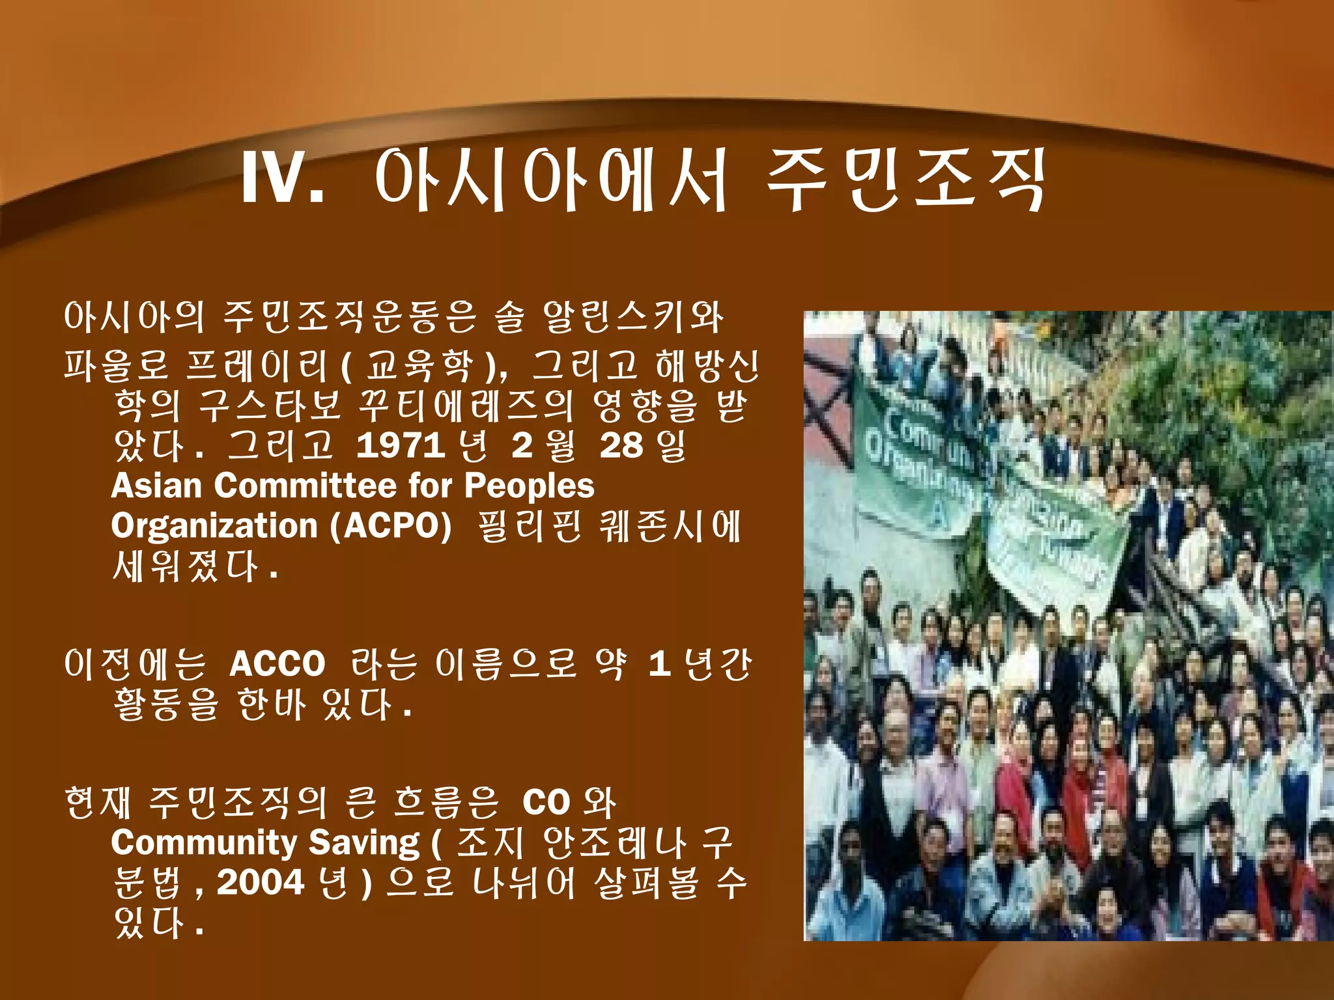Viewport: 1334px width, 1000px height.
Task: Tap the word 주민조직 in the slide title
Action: (x=905, y=179)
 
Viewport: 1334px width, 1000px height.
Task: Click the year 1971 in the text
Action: (x=400, y=446)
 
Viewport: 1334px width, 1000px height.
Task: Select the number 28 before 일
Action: (x=621, y=446)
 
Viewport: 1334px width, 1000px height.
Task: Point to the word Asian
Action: (x=156, y=486)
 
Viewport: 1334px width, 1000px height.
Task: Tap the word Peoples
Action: (x=529, y=486)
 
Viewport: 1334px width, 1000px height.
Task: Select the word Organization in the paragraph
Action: (x=214, y=526)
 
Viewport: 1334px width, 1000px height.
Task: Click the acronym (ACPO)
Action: (x=391, y=526)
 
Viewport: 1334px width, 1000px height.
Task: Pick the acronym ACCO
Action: (x=277, y=664)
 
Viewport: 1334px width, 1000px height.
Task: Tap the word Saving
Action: (x=365, y=842)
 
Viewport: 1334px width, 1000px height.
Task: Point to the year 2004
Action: (x=261, y=883)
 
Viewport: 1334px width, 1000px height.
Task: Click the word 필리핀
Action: (x=529, y=526)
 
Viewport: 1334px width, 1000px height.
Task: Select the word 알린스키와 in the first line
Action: (x=632, y=317)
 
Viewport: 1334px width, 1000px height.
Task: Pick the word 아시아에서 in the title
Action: (x=550, y=179)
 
